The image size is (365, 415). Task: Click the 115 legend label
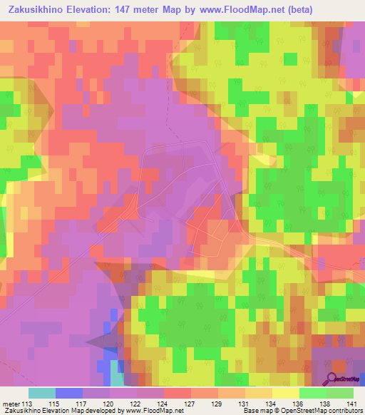(68, 403)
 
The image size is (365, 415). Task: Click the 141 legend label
(352, 403)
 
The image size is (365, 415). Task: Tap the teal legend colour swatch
(42, 393)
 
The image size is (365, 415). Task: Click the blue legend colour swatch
(69, 393)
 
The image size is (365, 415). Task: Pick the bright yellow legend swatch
(285, 393)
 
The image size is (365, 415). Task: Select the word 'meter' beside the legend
(10, 403)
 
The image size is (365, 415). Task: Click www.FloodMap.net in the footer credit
(149, 411)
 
